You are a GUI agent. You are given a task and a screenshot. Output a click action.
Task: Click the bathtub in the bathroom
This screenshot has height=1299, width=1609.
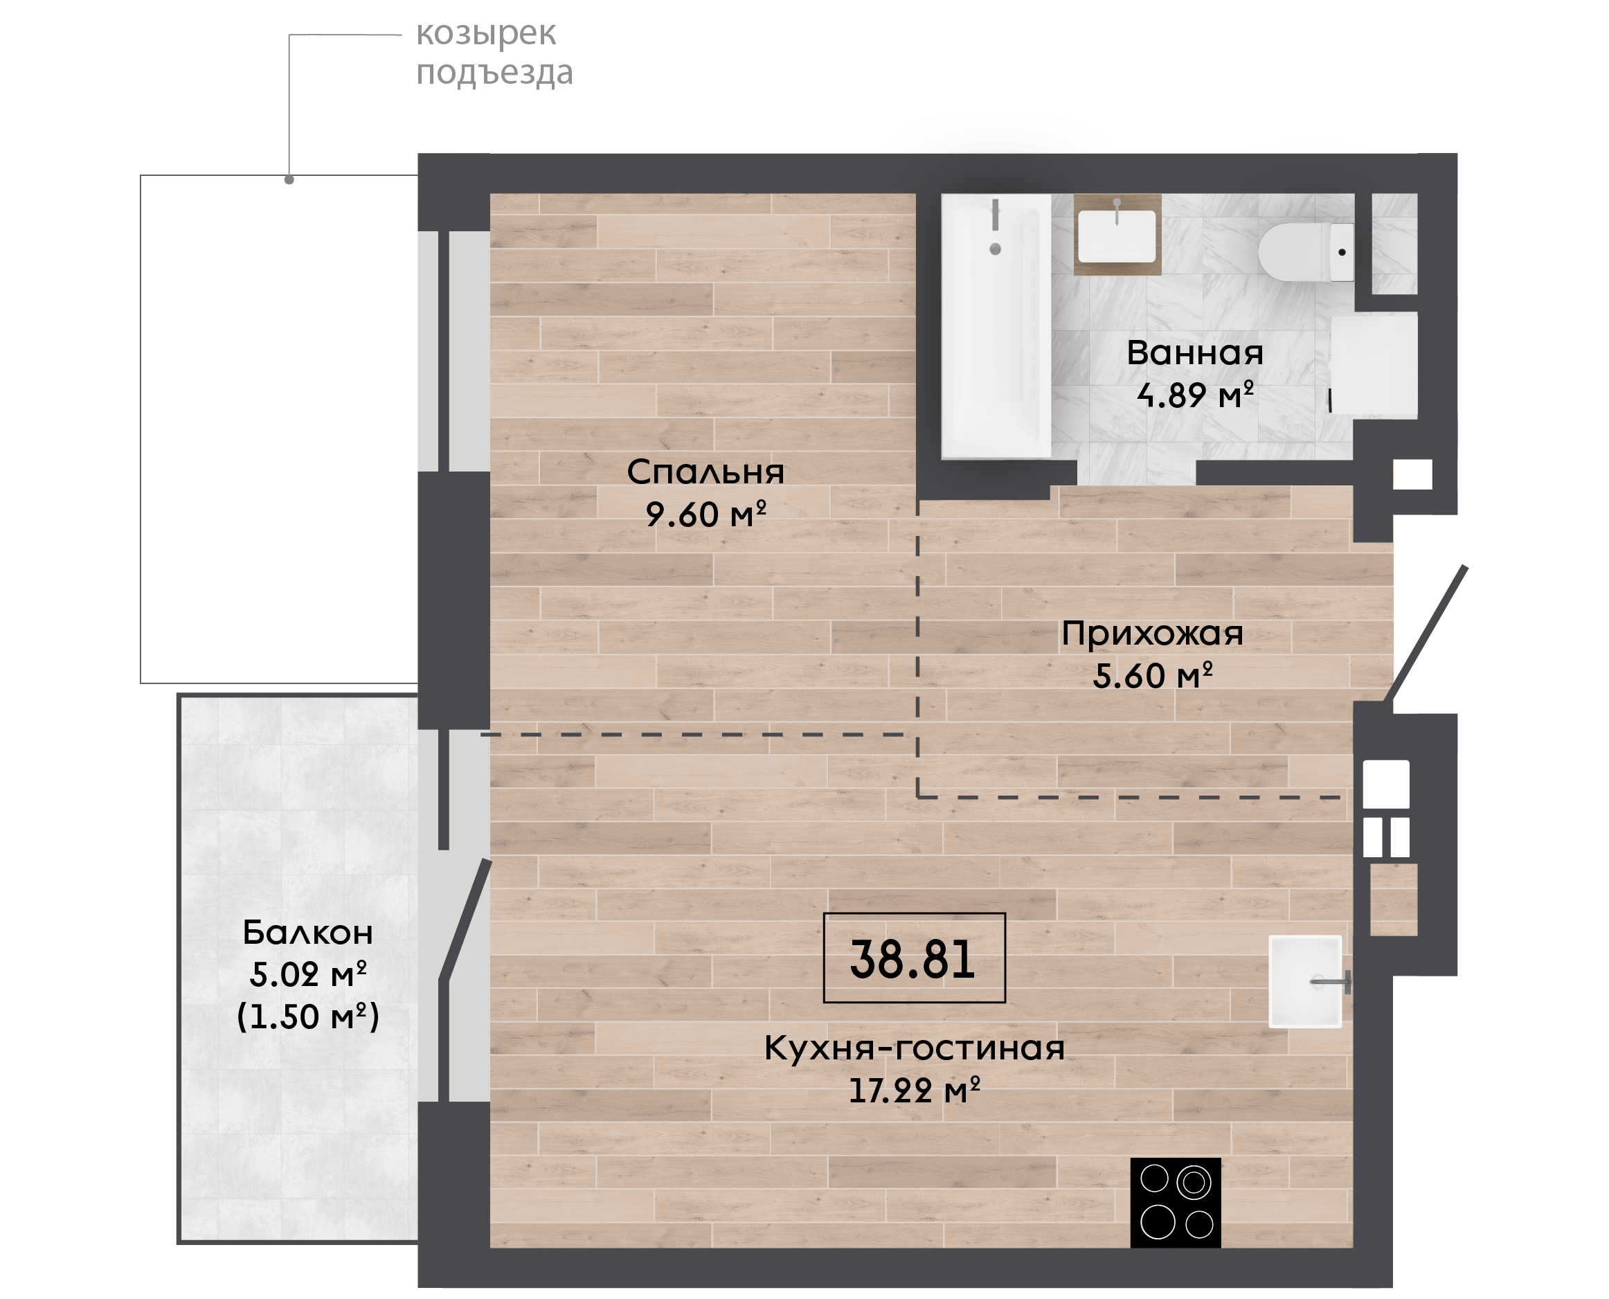(996, 326)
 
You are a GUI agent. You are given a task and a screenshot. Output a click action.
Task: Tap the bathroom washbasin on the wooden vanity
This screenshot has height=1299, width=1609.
(1117, 235)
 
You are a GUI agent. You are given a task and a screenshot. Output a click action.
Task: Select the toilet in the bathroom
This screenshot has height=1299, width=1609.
(1305, 252)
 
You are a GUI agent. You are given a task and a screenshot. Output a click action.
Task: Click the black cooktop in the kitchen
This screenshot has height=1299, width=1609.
(1175, 1204)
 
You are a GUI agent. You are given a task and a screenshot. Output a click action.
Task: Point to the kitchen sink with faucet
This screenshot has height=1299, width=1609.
(1305, 982)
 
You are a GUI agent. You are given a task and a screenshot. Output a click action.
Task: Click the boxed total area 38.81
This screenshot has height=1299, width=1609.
(913, 958)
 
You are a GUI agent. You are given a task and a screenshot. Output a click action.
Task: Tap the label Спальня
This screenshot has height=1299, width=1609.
(705, 472)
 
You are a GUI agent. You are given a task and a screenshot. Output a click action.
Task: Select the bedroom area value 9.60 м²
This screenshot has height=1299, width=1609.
(705, 514)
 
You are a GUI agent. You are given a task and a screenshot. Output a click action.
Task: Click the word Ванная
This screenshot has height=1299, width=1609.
(1194, 353)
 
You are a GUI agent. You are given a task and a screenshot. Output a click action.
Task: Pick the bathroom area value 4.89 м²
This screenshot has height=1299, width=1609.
(1194, 395)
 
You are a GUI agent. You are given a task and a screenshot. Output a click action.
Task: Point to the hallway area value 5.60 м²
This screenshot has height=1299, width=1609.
(1152, 676)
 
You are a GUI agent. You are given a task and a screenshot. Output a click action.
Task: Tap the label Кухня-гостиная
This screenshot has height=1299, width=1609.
(914, 1048)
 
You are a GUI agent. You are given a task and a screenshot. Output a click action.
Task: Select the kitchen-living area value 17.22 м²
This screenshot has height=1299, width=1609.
(914, 1090)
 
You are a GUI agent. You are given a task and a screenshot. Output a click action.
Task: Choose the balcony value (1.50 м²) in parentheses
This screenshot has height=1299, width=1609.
(307, 1017)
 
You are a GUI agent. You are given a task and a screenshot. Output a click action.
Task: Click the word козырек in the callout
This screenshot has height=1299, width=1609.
(485, 35)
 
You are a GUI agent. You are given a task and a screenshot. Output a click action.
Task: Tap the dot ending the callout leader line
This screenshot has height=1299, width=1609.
(289, 179)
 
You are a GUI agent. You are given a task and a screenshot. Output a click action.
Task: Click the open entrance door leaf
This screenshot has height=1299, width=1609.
(1426, 634)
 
